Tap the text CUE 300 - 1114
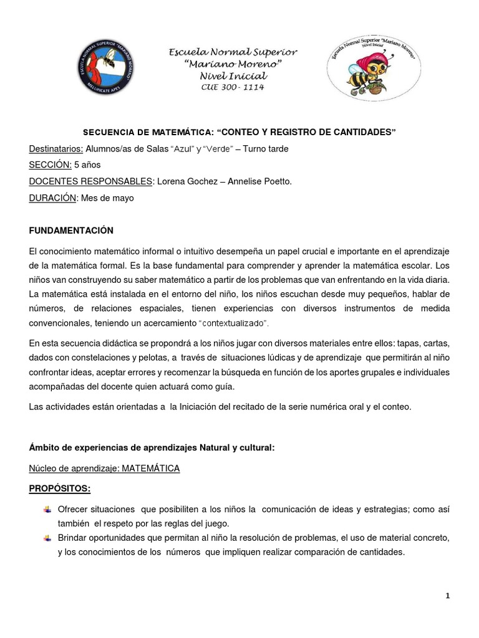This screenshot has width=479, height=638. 233,87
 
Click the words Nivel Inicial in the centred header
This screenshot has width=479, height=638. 233,75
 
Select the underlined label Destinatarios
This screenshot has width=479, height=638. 56,149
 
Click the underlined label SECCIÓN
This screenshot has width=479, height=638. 50,165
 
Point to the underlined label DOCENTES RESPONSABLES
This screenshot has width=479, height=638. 91,181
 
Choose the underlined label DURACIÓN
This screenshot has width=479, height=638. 53,198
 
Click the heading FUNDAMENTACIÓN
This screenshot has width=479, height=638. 71,231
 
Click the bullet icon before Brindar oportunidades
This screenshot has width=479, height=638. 47,538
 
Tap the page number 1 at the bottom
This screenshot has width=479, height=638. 447,596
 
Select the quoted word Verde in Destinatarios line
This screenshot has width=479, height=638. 218,149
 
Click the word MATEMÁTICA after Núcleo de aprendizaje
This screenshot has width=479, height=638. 150,469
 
